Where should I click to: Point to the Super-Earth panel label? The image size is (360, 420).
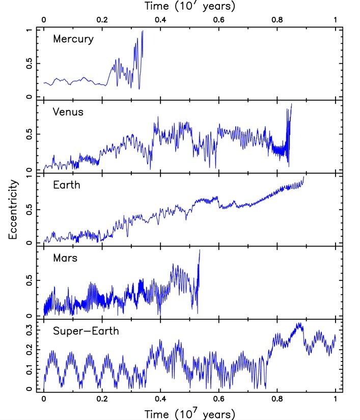(86, 331)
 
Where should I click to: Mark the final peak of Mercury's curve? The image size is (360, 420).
(143, 31)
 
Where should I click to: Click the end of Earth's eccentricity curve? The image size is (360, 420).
(304, 176)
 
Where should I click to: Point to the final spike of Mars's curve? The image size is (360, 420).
(200, 250)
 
